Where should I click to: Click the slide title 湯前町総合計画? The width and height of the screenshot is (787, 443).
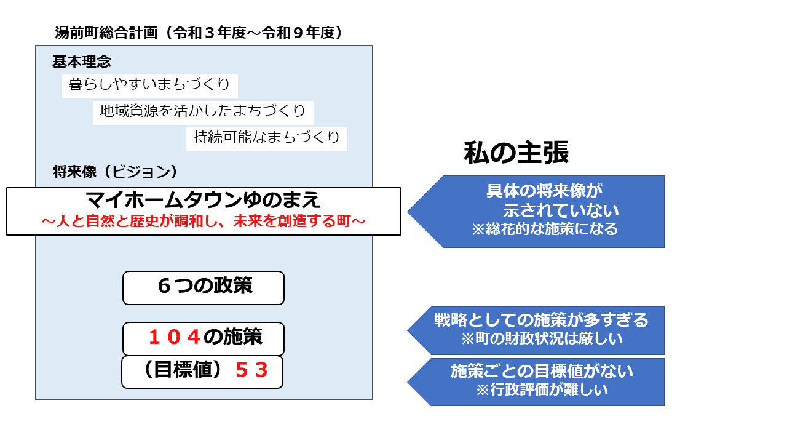(x=106, y=33)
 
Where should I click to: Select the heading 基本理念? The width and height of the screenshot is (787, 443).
(x=82, y=62)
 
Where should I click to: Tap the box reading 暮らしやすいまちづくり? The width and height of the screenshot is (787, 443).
(x=149, y=86)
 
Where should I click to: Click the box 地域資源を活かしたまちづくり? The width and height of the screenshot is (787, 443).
(x=203, y=113)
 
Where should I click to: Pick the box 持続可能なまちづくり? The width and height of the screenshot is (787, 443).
(x=267, y=139)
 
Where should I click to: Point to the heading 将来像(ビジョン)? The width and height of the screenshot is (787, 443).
(x=114, y=172)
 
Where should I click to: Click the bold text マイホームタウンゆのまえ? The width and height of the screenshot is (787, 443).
(x=203, y=200)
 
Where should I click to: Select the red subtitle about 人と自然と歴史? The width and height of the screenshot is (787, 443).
(x=204, y=221)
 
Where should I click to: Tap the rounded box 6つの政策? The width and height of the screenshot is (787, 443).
(x=204, y=287)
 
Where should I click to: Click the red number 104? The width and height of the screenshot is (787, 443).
(x=175, y=337)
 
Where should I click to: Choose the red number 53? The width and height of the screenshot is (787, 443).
(x=251, y=370)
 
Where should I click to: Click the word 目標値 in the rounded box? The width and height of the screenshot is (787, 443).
(x=183, y=370)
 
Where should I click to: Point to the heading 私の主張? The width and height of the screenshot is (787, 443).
(x=516, y=153)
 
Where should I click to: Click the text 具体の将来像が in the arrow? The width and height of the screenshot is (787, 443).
(x=544, y=191)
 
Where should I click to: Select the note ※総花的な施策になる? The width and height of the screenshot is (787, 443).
(x=545, y=229)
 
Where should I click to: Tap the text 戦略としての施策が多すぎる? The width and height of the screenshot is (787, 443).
(x=541, y=320)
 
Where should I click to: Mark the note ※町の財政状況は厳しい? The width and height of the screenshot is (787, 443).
(x=542, y=338)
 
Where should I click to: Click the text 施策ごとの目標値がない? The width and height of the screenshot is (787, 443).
(x=542, y=371)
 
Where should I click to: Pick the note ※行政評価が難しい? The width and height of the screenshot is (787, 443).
(x=542, y=389)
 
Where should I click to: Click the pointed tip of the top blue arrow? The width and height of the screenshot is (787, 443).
(x=408, y=212)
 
